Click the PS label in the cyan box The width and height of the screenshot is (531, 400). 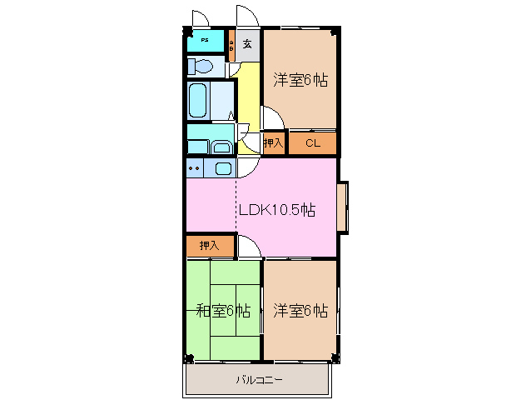pyautogui.click(x=205, y=40)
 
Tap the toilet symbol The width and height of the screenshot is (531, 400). pyautogui.click(x=199, y=66)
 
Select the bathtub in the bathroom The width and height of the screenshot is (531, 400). pyautogui.click(x=199, y=101)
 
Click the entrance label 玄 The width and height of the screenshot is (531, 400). pyautogui.click(x=247, y=43)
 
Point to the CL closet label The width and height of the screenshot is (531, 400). pyautogui.click(x=312, y=143)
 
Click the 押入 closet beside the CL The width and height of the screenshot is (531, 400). pyautogui.click(x=274, y=143)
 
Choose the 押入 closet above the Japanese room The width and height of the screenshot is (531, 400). pyautogui.click(x=209, y=246)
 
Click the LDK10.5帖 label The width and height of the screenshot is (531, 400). pyautogui.click(x=276, y=210)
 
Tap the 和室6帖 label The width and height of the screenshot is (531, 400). pyautogui.click(x=223, y=312)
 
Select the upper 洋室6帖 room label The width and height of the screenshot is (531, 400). pyautogui.click(x=300, y=80)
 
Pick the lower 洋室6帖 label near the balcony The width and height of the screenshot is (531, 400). pyautogui.click(x=300, y=311)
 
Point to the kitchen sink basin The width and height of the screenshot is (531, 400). pyautogui.click(x=223, y=167)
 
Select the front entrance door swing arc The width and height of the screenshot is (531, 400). pyautogui.click(x=247, y=17)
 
